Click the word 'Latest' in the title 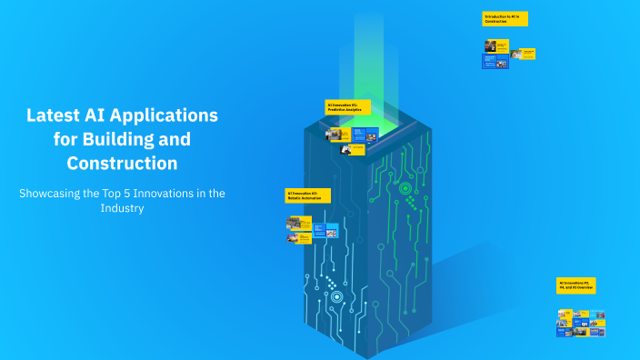54,116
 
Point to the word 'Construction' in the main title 122,164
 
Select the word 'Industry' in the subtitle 122,207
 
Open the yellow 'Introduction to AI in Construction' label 505,18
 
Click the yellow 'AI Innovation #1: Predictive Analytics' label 347,107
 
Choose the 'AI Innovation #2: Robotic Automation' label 307,195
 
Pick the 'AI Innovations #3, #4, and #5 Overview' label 576,285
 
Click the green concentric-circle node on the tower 405,188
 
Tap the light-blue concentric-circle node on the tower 337,296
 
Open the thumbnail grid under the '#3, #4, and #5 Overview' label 581,321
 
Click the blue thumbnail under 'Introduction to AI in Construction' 495,61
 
